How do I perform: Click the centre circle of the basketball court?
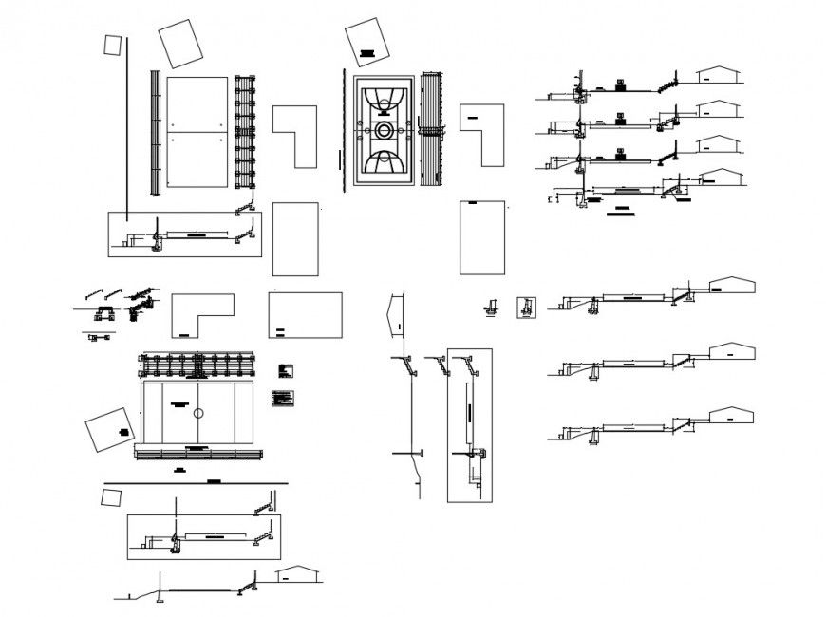385,130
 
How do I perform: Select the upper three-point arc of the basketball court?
385,98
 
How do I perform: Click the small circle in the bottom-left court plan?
197,414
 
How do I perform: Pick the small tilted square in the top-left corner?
113,45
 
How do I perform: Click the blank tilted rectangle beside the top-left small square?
179,44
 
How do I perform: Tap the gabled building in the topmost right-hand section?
719,77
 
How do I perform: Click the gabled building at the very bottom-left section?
297,575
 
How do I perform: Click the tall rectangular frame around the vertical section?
469,423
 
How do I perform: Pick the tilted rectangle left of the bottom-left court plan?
109,431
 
